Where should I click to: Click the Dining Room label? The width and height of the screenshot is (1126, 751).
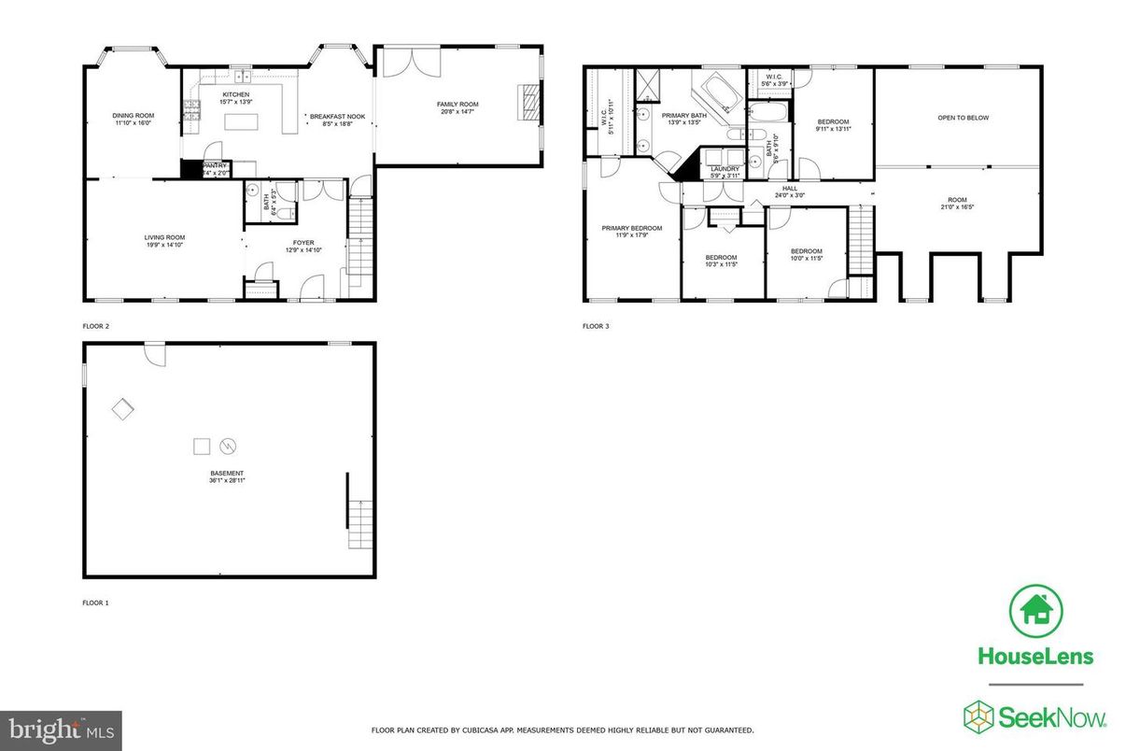pos(134,115)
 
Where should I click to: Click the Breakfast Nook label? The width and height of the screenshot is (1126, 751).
pos(331,115)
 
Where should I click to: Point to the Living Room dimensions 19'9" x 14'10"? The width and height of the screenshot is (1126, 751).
pos(163,246)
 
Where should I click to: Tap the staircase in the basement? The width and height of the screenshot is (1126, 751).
pos(360,524)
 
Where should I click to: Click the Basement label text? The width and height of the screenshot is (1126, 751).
pos(227,475)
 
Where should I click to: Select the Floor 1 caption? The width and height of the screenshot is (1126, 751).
pos(95,603)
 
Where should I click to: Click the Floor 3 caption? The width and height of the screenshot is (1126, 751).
pos(596,327)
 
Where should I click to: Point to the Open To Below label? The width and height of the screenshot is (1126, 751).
pos(963,118)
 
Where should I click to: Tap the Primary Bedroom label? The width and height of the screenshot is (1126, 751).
pos(631,228)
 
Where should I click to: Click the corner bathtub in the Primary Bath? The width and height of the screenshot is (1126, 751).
pos(716,94)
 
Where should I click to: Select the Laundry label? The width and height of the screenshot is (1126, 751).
pos(725,169)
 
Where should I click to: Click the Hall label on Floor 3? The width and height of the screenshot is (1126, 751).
pos(790,188)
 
